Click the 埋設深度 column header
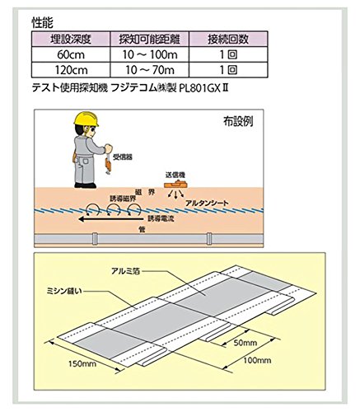click(71, 39)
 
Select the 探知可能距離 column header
click(150, 39)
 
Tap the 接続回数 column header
click(228, 39)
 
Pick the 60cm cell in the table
click(71, 54)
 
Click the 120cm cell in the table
click(71, 70)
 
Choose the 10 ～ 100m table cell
click(150, 54)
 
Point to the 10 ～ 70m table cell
click(150, 70)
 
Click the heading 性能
click(42, 22)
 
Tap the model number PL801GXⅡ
click(203, 88)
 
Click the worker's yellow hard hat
click(86, 119)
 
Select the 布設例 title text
click(238, 121)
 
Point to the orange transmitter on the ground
click(175, 184)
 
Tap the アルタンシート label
click(207, 204)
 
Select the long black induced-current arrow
click(110, 219)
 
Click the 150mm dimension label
click(82, 364)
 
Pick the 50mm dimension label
click(245, 343)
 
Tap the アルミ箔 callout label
click(125, 271)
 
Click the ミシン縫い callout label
click(64, 291)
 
